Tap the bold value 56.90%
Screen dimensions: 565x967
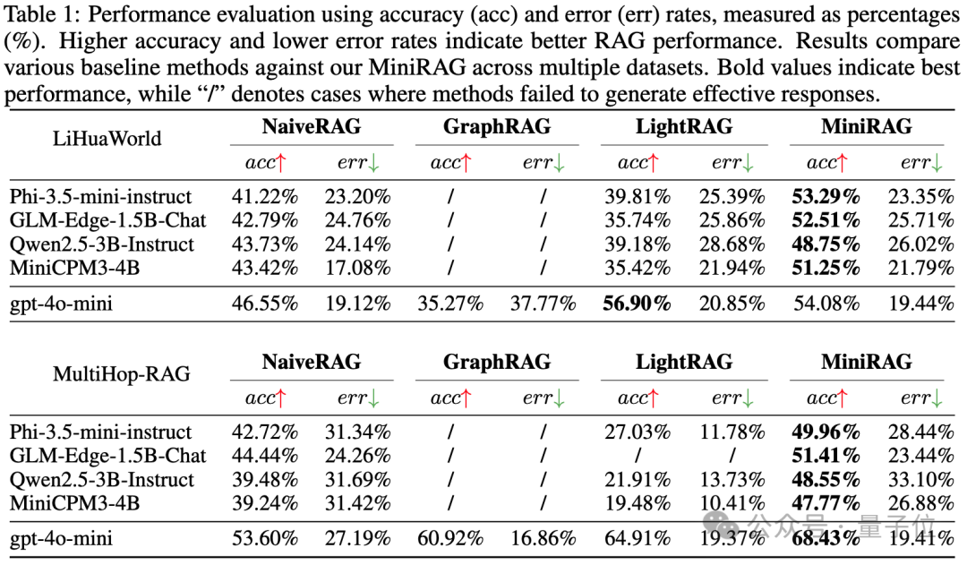pos(635,303)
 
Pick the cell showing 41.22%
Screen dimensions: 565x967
pos(265,195)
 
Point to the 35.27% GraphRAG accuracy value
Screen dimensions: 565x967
pos(450,303)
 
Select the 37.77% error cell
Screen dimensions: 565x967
pos(543,303)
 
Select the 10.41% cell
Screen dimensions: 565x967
pos(732,502)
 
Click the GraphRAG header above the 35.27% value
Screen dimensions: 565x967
pos(497,126)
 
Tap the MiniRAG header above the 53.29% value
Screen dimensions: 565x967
pos(866,126)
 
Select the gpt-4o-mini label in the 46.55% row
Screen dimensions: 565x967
pos(62,303)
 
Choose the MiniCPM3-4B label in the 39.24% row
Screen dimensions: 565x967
pos(74,502)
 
